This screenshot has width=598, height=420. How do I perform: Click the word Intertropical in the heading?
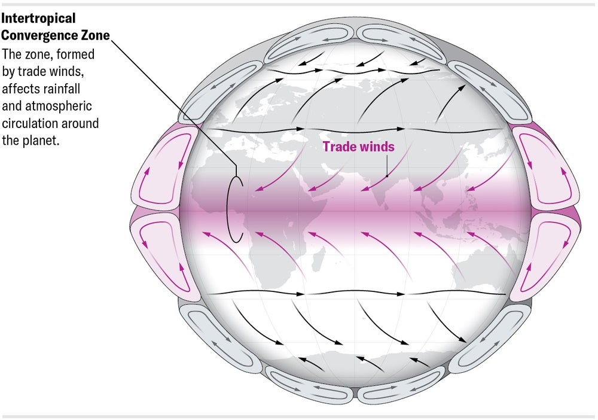coord(38,19)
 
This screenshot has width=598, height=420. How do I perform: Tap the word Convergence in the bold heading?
coord(38,35)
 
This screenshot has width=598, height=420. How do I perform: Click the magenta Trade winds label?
coord(359,147)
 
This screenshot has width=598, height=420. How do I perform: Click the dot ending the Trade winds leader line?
coord(387,176)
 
